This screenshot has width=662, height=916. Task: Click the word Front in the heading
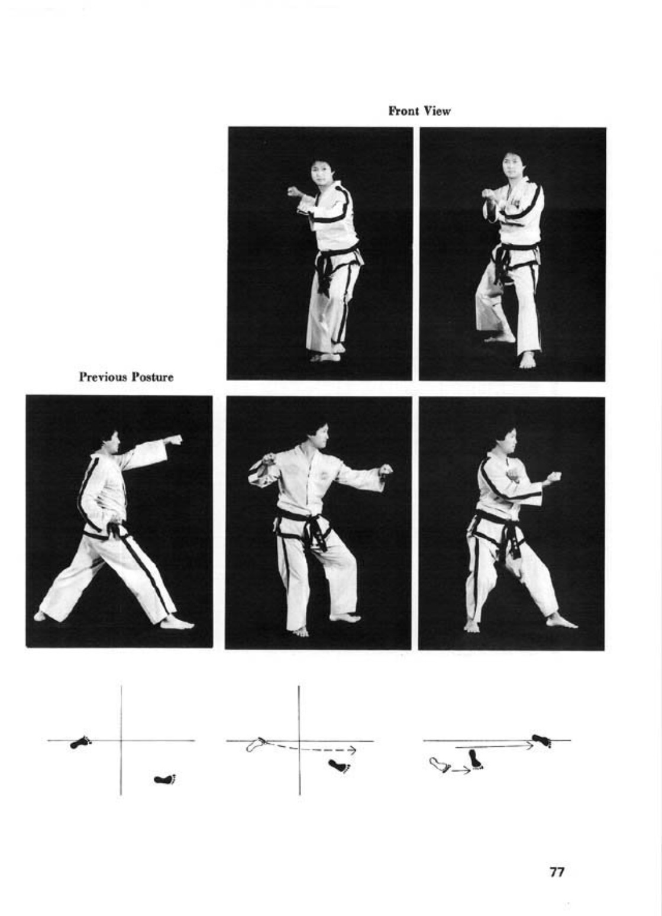tap(404, 111)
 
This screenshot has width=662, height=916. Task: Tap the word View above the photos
tap(437, 111)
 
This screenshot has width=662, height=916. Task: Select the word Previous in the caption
tap(102, 376)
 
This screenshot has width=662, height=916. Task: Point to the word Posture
tap(151, 376)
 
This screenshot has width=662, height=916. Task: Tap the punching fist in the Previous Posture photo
tap(173, 440)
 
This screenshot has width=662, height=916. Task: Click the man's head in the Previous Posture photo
tap(110, 441)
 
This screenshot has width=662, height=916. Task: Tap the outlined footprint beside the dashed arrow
tap(256, 744)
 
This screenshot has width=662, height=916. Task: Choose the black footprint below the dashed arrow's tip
tap(340, 766)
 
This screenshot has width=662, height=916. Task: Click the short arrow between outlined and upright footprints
tap(460, 771)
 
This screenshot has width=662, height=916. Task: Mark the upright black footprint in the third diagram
tap(475, 759)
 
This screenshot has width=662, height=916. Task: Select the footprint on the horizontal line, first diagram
tap(80, 742)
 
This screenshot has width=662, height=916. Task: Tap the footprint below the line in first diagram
tap(165, 779)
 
